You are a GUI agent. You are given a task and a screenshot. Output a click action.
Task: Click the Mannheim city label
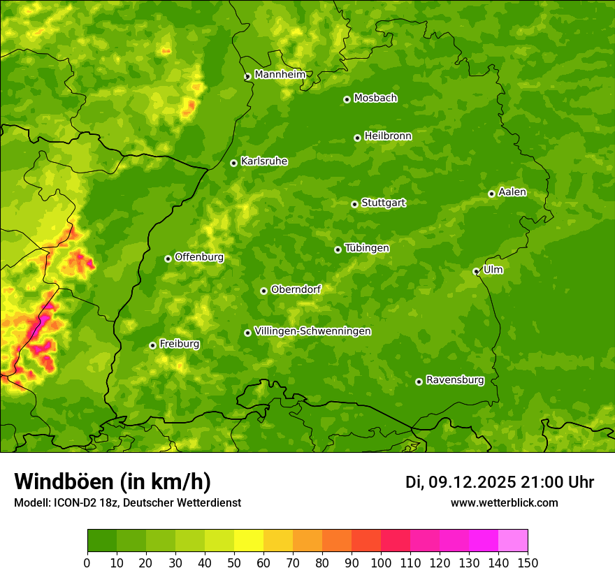280,75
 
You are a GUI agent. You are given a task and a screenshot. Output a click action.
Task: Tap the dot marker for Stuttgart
355,204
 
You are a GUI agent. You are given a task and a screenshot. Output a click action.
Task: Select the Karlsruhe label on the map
264,161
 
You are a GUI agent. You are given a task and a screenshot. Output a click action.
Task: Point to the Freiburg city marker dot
152,345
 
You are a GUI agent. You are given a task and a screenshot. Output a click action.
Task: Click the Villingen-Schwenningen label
312,331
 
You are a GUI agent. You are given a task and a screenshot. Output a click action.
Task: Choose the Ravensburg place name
455,380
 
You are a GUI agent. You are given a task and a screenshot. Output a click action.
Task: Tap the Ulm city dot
476,271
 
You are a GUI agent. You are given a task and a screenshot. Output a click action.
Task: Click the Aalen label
512,192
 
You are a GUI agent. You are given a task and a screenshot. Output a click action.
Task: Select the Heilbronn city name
388,136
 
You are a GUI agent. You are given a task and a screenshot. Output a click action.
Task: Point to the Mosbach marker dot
347,99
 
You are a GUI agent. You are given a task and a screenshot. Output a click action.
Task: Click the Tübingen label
367,248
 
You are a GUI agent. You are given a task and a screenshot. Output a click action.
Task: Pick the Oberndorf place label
296,289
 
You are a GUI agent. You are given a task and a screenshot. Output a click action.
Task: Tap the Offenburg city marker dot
168,259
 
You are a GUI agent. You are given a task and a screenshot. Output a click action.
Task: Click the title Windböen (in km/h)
113,481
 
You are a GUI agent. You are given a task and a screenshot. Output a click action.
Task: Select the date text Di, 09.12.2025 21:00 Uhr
500,482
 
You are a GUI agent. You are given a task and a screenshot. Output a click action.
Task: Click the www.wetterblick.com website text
504,502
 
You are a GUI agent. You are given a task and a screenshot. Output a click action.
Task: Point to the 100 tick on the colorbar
381,563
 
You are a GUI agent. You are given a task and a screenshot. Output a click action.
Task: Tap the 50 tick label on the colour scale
234,563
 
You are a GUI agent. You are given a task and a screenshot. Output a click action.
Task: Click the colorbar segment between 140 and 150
513,541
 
